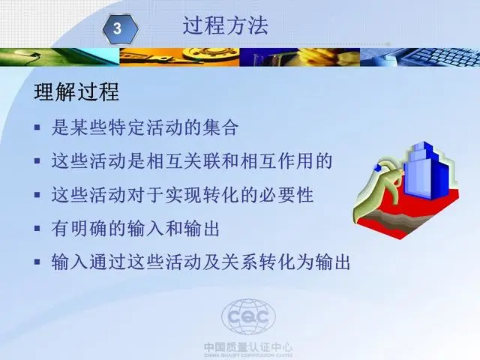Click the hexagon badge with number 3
pos(120,28)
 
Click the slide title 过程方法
pos(226,25)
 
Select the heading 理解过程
pos(76,91)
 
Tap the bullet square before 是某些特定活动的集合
pos(37,127)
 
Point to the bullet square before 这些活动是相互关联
pos(37,161)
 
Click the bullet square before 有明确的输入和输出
pos(37,228)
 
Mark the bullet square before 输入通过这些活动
pos(37,262)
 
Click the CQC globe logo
pos(248,316)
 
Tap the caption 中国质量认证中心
pos(248,347)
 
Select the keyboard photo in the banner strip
pos(420,57)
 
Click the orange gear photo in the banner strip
pos(179,57)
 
